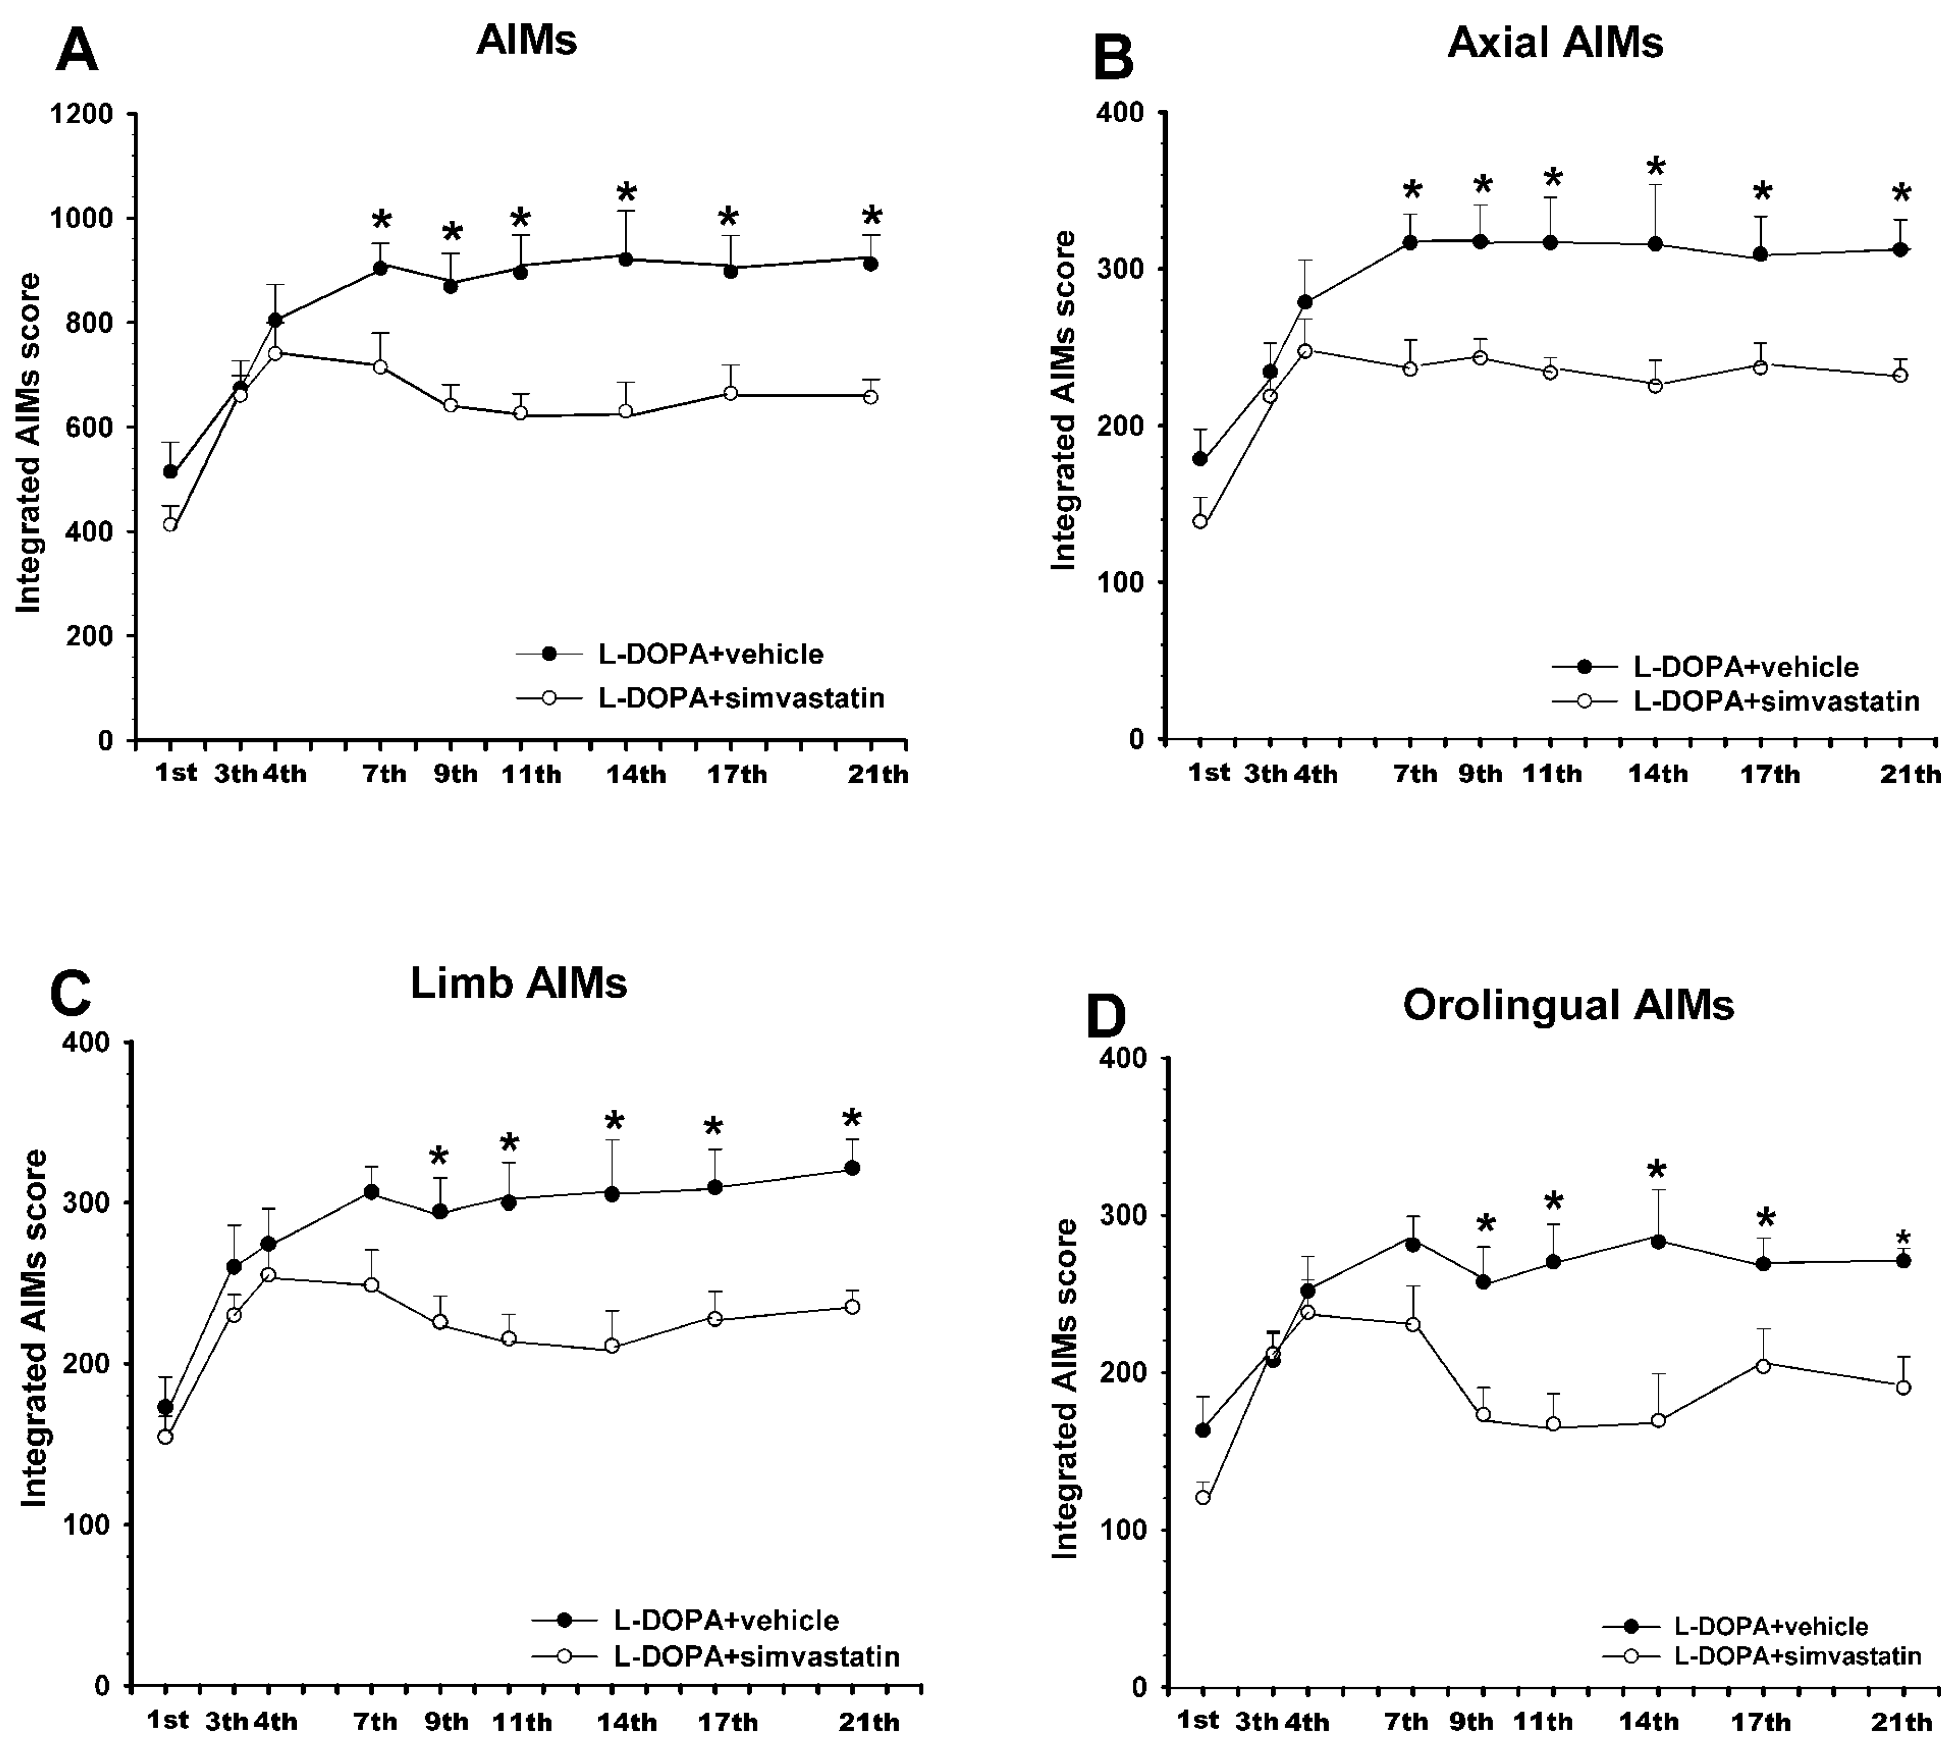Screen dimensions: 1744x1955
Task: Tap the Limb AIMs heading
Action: click(519, 983)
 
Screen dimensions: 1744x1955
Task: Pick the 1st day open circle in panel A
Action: click(170, 524)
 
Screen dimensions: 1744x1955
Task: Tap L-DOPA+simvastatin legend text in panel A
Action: click(741, 697)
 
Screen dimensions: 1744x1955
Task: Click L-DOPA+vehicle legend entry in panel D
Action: click(1770, 1626)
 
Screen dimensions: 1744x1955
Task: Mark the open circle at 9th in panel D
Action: click(1484, 1414)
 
